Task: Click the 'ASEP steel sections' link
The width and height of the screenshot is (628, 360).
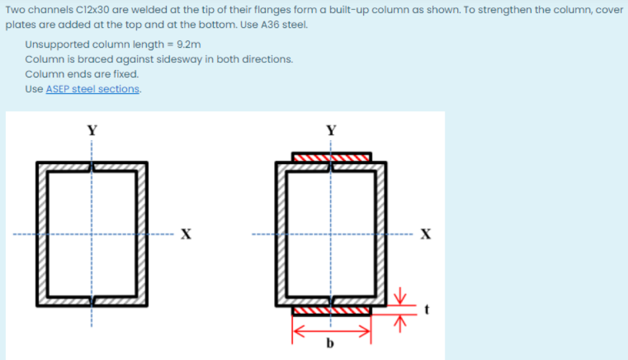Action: coord(93,89)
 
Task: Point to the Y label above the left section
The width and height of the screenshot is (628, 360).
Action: coord(92,130)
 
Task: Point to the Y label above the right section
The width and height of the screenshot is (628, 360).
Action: coord(332,130)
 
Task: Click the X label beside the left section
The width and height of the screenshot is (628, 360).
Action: coord(187,234)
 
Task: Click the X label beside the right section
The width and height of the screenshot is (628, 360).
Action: coord(426,234)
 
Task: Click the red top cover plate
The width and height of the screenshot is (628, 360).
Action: coord(332,157)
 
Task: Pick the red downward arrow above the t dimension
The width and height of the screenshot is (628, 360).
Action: coord(400,295)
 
